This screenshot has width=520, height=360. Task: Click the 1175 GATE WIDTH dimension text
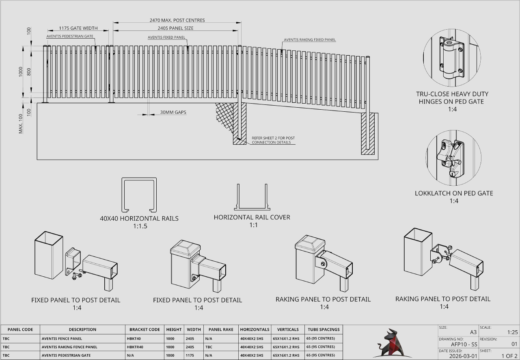[78, 28]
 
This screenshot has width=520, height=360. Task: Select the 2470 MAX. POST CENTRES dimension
[177, 20]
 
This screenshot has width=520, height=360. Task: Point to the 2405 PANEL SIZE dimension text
[175, 28]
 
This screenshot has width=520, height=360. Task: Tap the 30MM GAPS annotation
[173, 112]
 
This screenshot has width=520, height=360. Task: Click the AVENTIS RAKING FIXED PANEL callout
[310, 40]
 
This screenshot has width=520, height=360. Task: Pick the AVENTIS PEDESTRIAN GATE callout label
[70, 36]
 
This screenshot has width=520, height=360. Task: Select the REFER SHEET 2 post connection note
[273, 140]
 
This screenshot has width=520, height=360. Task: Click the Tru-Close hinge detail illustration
[451, 58]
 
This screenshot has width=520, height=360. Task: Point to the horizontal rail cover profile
[252, 197]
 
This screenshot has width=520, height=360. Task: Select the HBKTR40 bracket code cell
[136, 347]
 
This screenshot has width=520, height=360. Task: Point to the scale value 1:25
[512, 332]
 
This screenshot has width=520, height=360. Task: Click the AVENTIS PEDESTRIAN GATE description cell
[64, 356]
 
